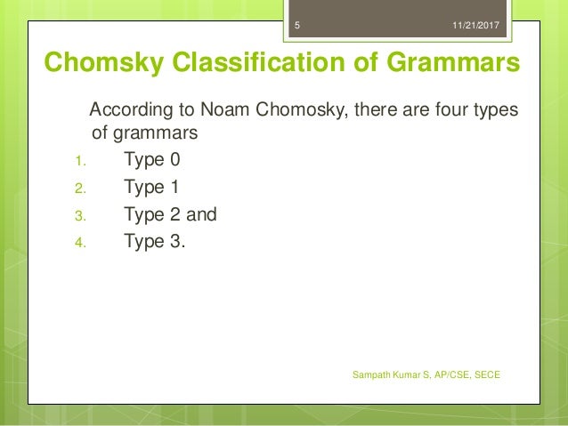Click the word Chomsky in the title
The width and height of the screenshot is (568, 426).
(97, 64)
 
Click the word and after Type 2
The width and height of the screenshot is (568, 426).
(200, 214)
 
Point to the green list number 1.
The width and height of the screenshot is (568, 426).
(77, 163)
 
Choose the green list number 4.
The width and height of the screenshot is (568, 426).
(77, 242)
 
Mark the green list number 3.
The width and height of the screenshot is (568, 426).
(77, 215)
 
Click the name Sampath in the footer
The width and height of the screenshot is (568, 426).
(374, 375)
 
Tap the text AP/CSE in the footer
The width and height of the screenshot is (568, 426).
(454, 375)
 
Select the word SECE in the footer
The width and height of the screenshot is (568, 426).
(488, 375)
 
